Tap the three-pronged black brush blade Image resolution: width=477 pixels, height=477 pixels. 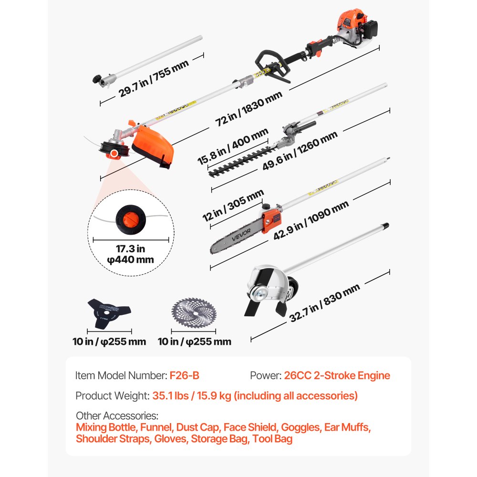click(103, 312)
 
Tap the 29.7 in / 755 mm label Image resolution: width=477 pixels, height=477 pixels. click(154, 77)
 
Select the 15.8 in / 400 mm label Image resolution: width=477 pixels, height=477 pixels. click(233, 147)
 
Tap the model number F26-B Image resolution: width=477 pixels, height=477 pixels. click(184, 375)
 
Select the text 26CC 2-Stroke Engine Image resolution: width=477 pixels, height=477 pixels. click(337, 375)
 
